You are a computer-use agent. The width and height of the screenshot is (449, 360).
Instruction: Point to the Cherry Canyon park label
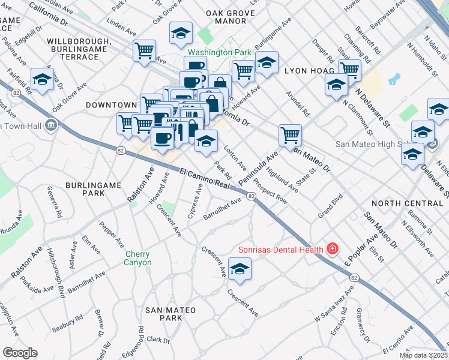pyautogui.click(x=138, y=258)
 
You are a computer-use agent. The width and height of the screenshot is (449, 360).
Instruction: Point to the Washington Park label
pyautogui.click(x=221, y=53)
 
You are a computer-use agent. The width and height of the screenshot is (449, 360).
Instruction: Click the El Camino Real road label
pyautogui.click(x=205, y=179)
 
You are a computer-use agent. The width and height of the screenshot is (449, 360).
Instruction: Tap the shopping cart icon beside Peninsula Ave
pyautogui.click(x=291, y=134)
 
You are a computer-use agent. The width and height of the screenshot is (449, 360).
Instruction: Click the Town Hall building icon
pyautogui.click(x=51, y=126)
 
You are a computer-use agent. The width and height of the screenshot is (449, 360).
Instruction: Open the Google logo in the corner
pyautogui.click(x=20, y=353)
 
